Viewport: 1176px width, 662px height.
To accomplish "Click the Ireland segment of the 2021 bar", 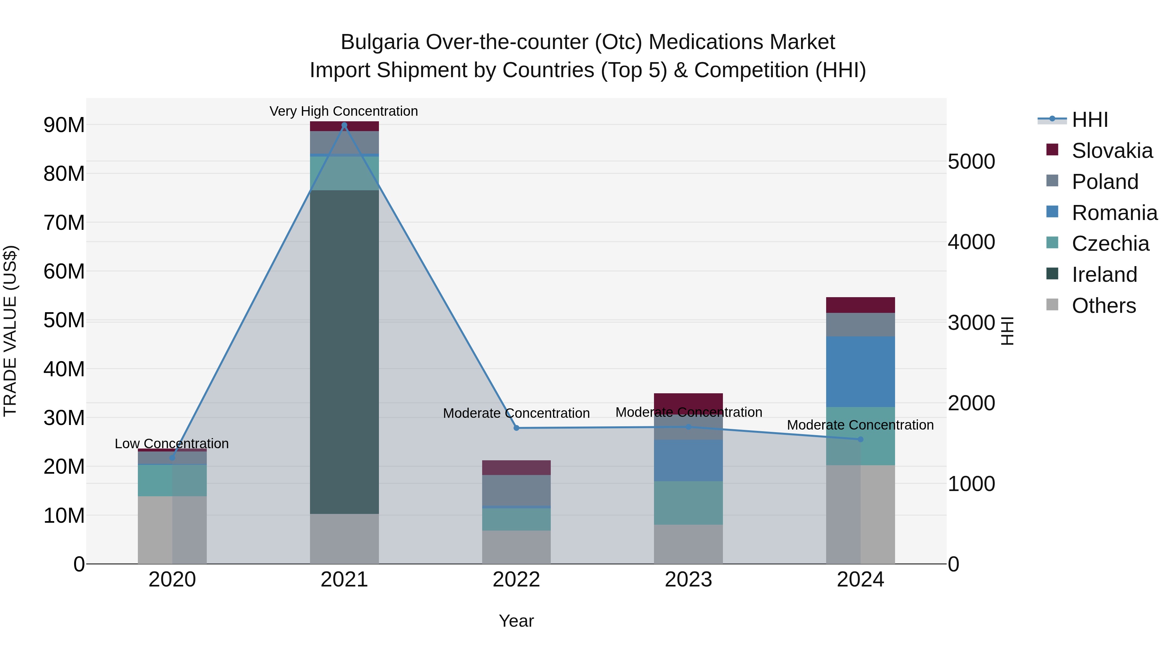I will click(344, 352).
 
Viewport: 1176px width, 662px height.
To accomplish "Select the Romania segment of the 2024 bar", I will click(860, 371).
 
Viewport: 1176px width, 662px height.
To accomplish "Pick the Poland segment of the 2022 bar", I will click(516, 490).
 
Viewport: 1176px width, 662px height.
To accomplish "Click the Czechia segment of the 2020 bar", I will click(172, 480).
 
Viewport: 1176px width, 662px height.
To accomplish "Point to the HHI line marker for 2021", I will click(344, 125).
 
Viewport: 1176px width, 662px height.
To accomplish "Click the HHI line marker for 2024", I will click(860, 439).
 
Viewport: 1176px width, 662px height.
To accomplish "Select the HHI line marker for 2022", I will click(516, 428).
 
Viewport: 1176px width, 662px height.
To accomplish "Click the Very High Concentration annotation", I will click(343, 111).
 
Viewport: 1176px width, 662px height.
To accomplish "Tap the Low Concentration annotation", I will click(171, 444).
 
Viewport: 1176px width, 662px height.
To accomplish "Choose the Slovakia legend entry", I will click(1112, 151).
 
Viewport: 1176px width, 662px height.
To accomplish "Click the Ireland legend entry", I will click(1104, 275).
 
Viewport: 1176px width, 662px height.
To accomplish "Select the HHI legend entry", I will click(1089, 120).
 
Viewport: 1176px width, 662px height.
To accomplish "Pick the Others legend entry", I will click(1103, 306).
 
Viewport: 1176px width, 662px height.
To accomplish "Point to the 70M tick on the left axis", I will click(64, 223).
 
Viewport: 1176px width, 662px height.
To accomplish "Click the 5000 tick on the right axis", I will click(971, 162).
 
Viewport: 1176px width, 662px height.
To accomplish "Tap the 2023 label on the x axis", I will click(688, 580).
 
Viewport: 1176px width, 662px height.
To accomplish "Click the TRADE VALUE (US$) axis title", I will click(10, 331).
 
